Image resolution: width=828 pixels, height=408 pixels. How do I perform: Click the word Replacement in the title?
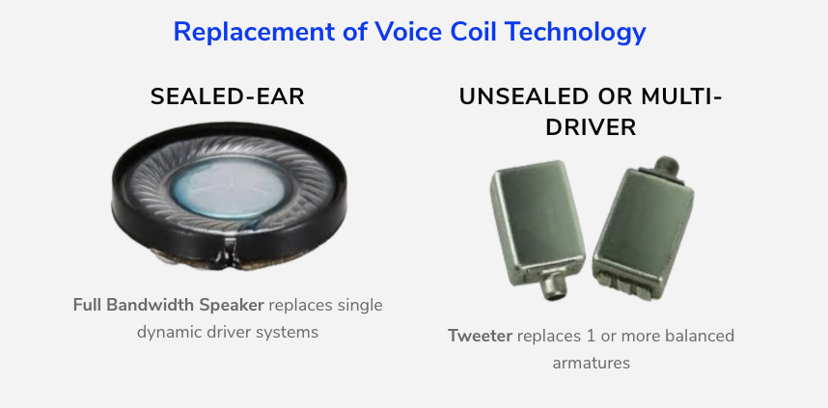pos(254,33)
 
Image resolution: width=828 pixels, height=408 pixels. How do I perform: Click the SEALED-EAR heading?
pos(227,97)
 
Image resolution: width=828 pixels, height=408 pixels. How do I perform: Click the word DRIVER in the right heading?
pos(591,127)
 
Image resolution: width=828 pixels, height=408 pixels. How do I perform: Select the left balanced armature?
pos(537,228)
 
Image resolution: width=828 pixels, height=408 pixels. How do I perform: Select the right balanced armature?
pos(643,228)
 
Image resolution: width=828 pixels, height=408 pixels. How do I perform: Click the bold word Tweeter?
pos(480,336)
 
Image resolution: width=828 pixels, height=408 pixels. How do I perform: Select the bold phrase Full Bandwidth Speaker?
pos(169,305)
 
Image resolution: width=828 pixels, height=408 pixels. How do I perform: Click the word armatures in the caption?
pos(591,363)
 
